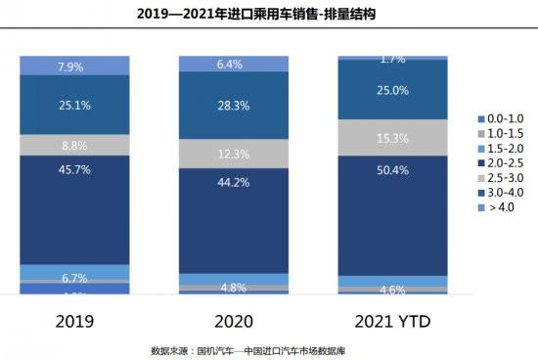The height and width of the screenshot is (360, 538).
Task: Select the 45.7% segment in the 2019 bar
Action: coord(74,210)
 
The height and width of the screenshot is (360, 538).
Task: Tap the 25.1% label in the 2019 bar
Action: coord(74,105)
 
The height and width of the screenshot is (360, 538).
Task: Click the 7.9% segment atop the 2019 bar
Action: coord(74,67)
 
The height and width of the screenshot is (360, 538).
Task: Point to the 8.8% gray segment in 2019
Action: coord(74,145)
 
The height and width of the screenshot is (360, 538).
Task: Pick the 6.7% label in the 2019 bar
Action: coord(74,277)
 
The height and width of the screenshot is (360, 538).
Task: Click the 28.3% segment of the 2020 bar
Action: coord(233,105)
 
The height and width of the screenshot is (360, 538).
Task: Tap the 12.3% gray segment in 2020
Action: coord(233,154)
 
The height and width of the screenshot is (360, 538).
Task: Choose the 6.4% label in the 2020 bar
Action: coord(233,65)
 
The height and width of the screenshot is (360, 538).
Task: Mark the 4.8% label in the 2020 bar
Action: coord(233,288)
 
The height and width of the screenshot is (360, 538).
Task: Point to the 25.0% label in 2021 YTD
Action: coord(392,90)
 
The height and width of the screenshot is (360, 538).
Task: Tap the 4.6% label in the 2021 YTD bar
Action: coord(392,290)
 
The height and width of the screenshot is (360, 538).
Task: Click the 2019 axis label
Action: coord(74,319)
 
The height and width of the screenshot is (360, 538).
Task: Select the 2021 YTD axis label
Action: coord(392,319)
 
